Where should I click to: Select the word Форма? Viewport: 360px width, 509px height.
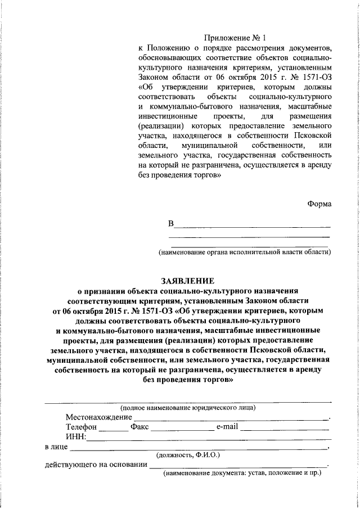[319, 204]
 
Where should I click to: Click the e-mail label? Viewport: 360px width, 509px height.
[228, 427]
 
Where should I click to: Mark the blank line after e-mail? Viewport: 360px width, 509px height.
[285, 430]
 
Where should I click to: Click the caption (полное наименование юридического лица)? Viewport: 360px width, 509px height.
[188, 407]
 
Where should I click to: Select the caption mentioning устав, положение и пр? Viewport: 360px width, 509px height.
[242, 474]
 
